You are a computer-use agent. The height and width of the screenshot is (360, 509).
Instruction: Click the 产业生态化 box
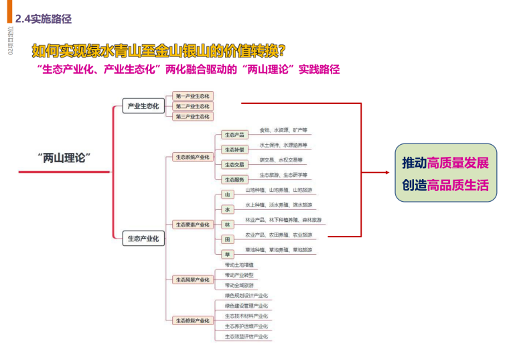pyautogui.click(x=143, y=106)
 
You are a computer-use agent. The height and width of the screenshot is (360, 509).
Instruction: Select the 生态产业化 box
pyautogui.click(x=143, y=239)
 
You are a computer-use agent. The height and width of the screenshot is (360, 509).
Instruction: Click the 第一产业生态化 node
pyautogui.click(x=192, y=97)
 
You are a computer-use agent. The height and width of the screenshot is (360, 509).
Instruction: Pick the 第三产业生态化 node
pyautogui.click(x=192, y=116)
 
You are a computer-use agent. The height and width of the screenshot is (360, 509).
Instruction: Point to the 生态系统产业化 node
pyautogui.click(x=192, y=157)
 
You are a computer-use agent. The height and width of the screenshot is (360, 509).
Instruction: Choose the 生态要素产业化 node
pyautogui.click(x=192, y=225)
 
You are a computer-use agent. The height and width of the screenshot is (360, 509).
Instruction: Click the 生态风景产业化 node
pyautogui.click(x=192, y=280)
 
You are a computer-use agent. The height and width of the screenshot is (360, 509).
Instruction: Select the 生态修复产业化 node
pyautogui.click(x=192, y=320)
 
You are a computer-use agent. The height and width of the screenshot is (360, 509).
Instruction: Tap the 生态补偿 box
pyautogui.click(x=234, y=149)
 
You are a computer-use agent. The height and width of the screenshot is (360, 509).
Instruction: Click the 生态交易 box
pyautogui.click(x=234, y=164)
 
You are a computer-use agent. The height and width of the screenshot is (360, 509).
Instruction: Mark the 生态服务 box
pyautogui.click(x=234, y=180)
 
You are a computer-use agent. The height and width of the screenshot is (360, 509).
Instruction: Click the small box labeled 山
pyautogui.click(x=228, y=195)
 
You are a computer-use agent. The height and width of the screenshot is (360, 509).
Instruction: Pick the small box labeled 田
pyautogui.click(x=228, y=239)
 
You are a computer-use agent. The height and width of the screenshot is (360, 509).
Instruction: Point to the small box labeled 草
pyautogui.click(x=228, y=253)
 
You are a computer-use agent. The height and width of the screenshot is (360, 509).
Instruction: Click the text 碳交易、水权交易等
pyautogui.click(x=281, y=160)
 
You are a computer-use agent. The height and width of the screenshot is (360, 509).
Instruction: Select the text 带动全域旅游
pyautogui.click(x=239, y=285)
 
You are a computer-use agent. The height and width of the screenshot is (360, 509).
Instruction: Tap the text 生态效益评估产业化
pyautogui.click(x=246, y=336)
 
